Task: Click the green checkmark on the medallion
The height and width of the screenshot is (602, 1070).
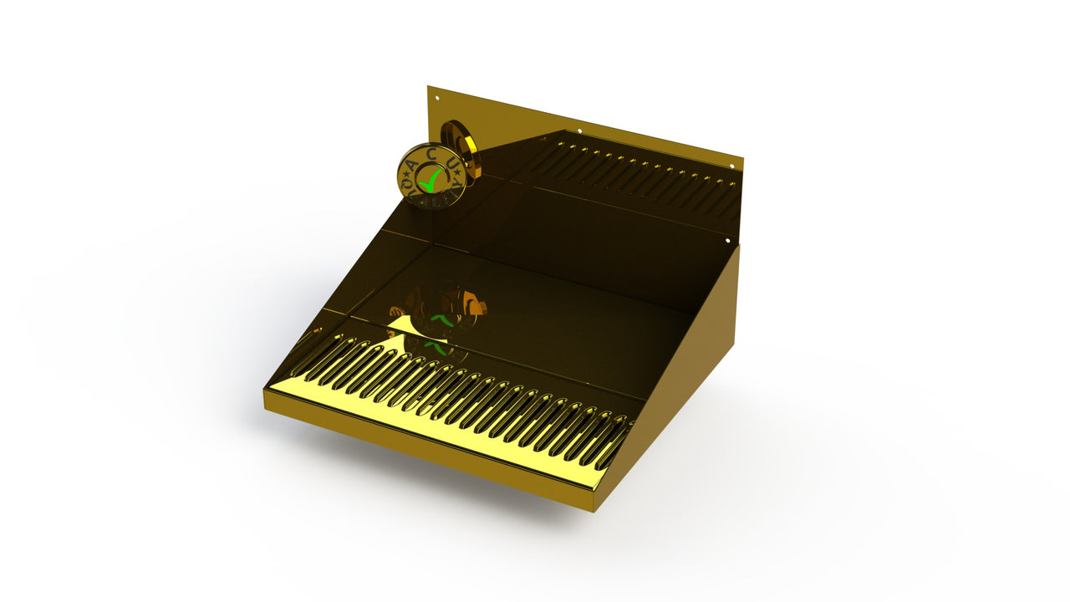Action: [x=431, y=177]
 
